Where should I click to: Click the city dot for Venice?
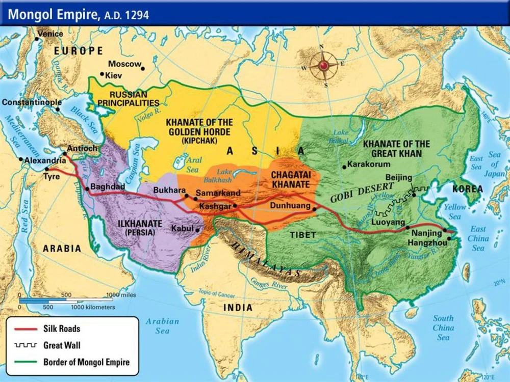(37, 39)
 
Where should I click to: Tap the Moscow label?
(124, 64)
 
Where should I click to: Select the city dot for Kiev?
(102, 75)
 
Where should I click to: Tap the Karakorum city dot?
(344, 166)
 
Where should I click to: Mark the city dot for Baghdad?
(88, 189)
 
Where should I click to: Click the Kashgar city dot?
(235, 206)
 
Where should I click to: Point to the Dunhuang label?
(293, 206)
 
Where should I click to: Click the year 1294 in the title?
(137, 15)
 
